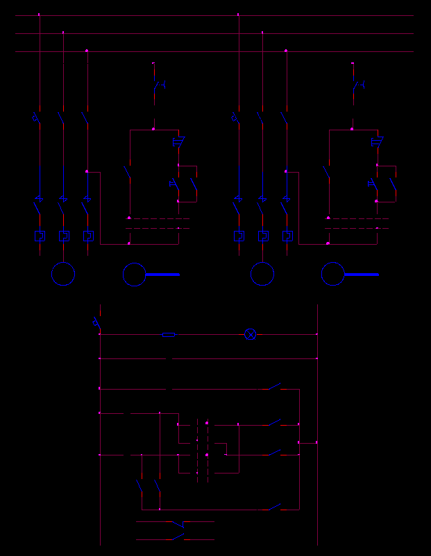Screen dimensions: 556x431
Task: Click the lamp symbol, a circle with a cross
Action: (x=251, y=334)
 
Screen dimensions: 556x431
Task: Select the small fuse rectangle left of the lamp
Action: (x=169, y=334)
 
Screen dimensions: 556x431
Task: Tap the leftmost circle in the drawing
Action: (x=63, y=274)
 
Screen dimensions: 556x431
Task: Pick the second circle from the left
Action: (x=135, y=274)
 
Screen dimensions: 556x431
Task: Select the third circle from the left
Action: (x=262, y=274)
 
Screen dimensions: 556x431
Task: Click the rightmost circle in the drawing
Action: (x=333, y=274)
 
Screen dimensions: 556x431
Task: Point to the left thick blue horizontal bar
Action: (x=162, y=275)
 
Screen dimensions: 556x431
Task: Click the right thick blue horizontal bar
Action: (x=362, y=275)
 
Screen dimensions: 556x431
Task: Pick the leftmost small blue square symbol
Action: (x=40, y=236)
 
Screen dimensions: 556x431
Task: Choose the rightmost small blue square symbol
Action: (x=287, y=236)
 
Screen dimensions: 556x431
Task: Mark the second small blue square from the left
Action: (x=64, y=236)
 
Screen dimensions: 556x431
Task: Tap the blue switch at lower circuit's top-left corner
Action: (x=96, y=323)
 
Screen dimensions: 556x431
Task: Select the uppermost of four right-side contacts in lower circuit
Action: (x=275, y=386)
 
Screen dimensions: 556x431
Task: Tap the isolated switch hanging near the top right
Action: (x=358, y=85)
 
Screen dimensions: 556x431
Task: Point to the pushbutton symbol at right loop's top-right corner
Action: (x=377, y=143)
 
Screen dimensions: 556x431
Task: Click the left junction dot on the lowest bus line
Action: (x=87, y=51)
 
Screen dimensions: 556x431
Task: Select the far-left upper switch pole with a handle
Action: (x=36, y=118)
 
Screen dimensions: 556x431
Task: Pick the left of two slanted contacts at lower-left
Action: (x=140, y=485)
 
